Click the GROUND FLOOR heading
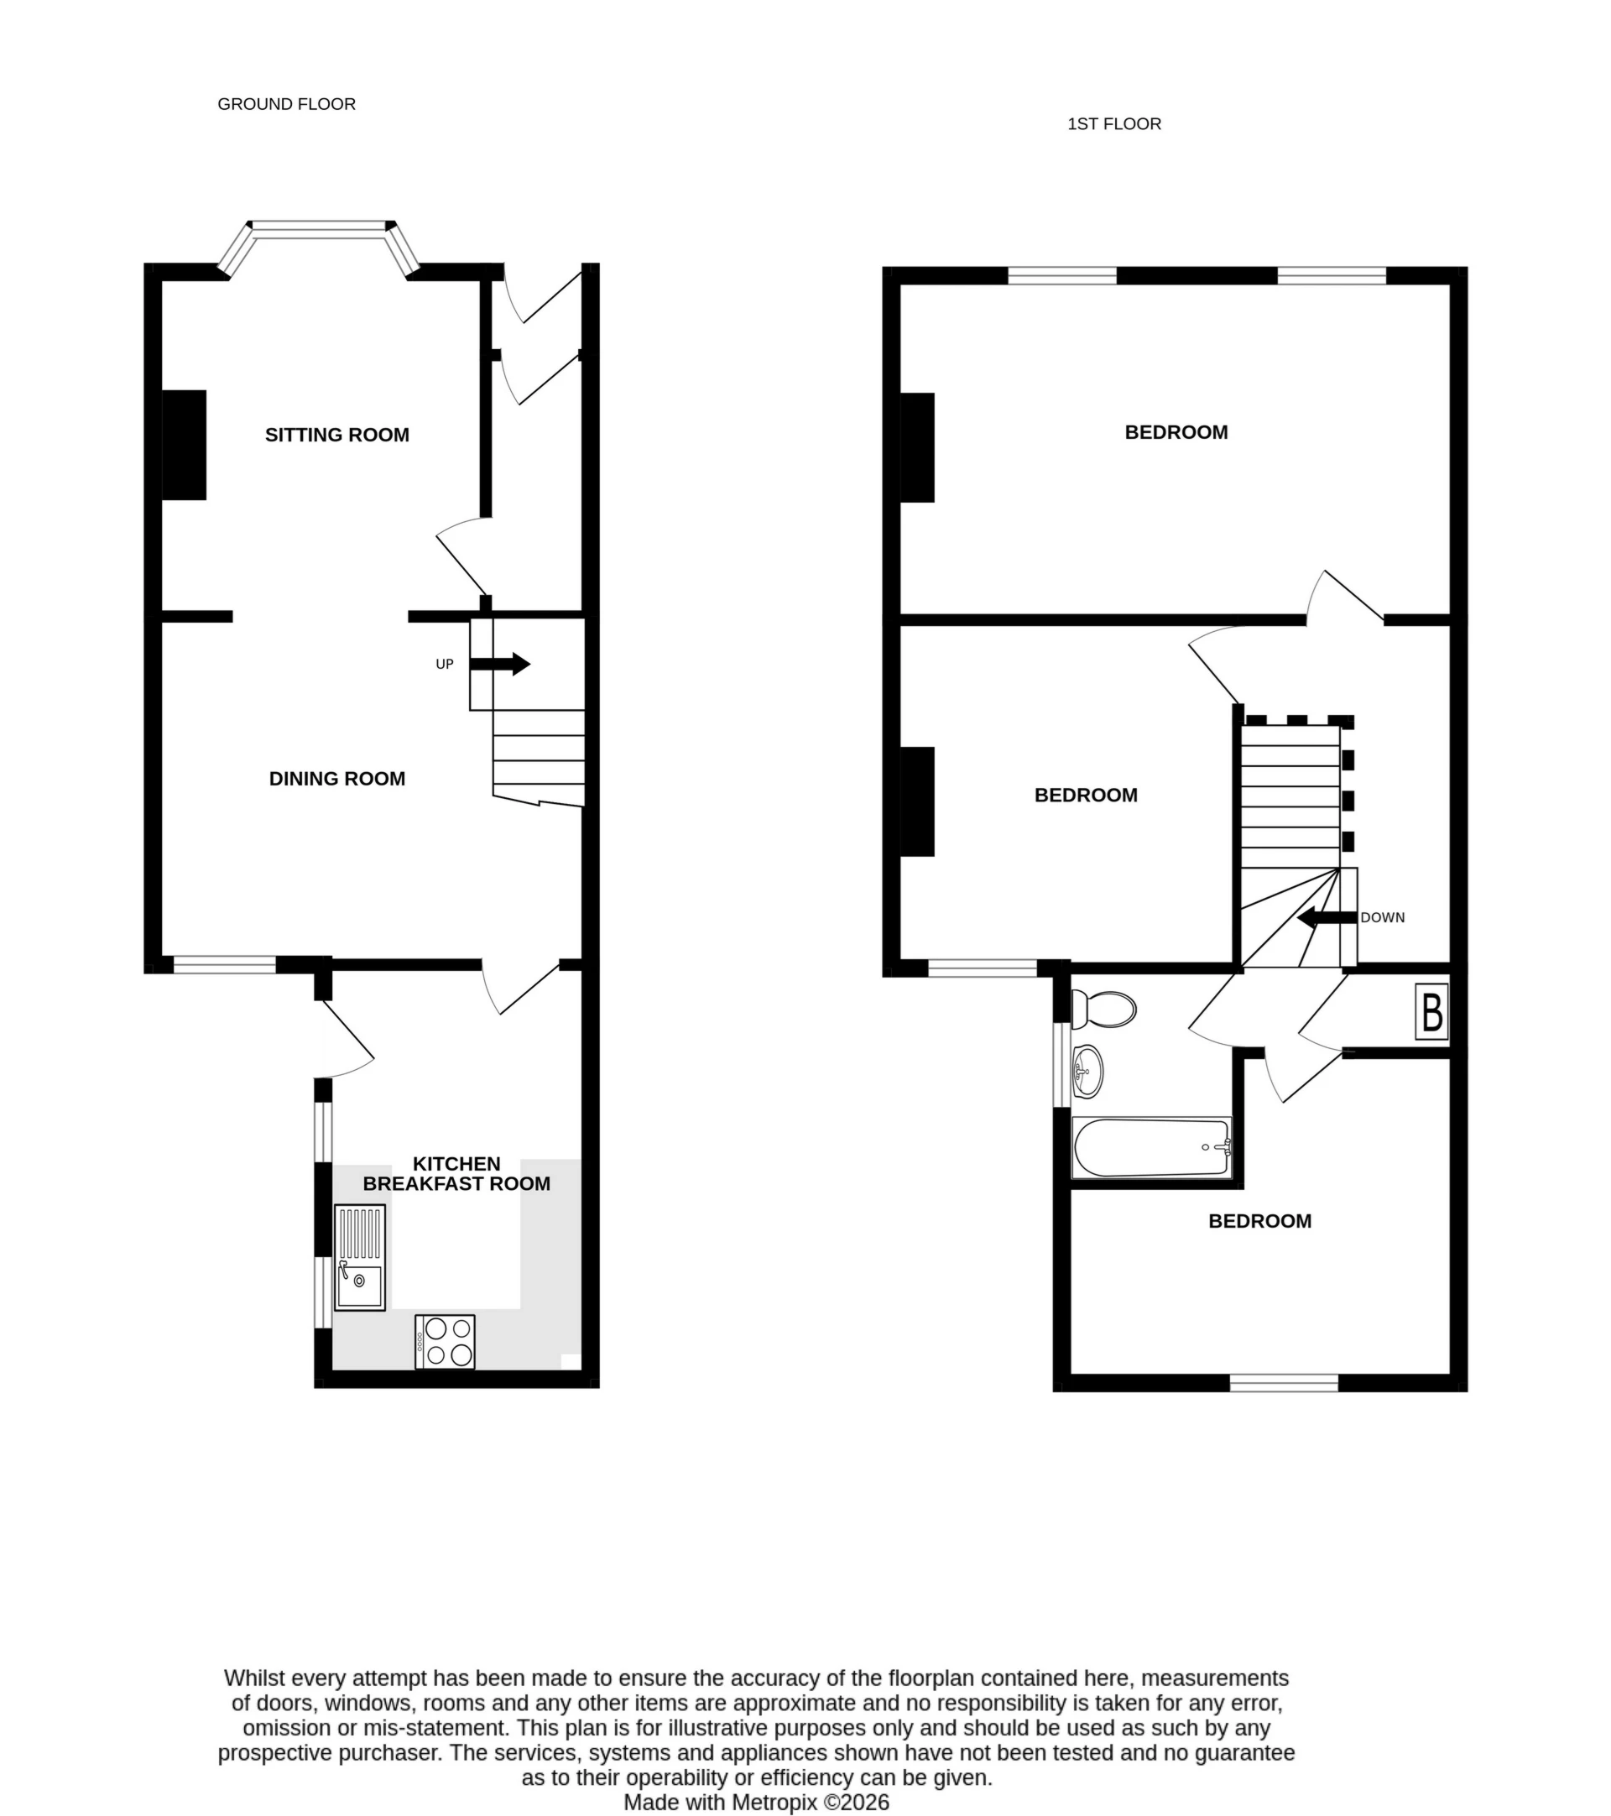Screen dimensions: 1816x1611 (x=286, y=104)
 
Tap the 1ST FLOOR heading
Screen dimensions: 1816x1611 (x=1113, y=123)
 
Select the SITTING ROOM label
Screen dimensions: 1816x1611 (x=336, y=435)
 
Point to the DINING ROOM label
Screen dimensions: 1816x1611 (x=336, y=778)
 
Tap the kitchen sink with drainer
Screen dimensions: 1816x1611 (x=360, y=1257)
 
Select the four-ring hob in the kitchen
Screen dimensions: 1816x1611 (x=445, y=1341)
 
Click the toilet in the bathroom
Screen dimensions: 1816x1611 (x=1103, y=1010)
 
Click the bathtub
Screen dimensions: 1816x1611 (x=1151, y=1147)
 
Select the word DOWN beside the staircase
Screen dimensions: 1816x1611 (x=1382, y=918)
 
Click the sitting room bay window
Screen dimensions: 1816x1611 (x=320, y=230)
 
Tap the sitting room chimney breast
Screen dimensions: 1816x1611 (x=184, y=444)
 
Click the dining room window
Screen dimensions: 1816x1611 (x=224, y=964)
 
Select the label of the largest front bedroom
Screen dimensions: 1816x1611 (x=1176, y=432)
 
